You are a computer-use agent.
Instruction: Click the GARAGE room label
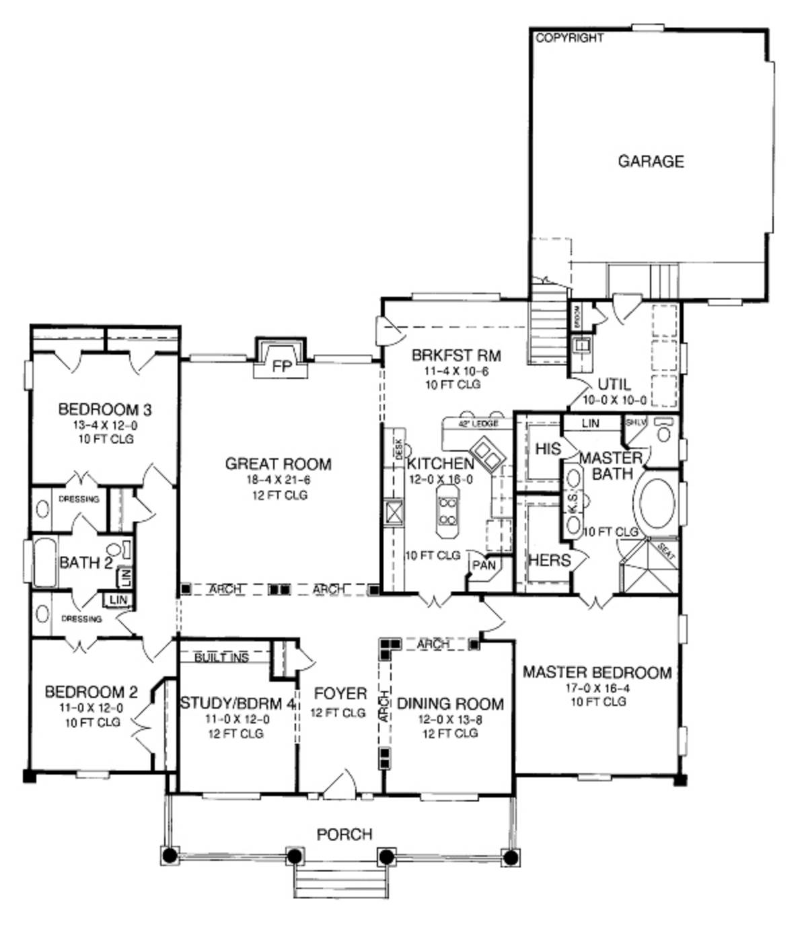pyautogui.click(x=651, y=162)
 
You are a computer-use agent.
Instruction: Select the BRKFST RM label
pyautogui.click(x=456, y=355)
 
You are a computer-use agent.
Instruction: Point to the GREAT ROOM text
pyautogui.click(x=278, y=464)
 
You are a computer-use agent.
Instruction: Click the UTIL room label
pyautogui.click(x=614, y=384)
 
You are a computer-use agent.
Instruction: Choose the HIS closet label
pyautogui.click(x=548, y=449)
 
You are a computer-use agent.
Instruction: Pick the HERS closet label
pyautogui.click(x=549, y=560)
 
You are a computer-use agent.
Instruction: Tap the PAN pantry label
pyautogui.click(x=483, y=565)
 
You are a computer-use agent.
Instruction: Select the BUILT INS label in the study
pyautogui.click(x=221, y=657)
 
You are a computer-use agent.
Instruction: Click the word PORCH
pyautogui.click(x=344, y=834)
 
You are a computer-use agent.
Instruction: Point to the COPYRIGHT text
pyautogui.click(x=569, y=38)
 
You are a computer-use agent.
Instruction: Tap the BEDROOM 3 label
pyautogui.click(x=104, y=409)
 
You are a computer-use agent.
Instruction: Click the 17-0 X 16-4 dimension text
pyautogui.click(x=597, y=688)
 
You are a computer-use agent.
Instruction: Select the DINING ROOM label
pyautogui.click(x=450, y=704)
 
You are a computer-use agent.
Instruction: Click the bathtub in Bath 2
pyautogui.click(x=44, y=562)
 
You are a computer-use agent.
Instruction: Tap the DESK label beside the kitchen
pyautogui.click(x=398, y=449)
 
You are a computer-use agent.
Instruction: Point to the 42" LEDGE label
pyautogui.click(x=478, y=424)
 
